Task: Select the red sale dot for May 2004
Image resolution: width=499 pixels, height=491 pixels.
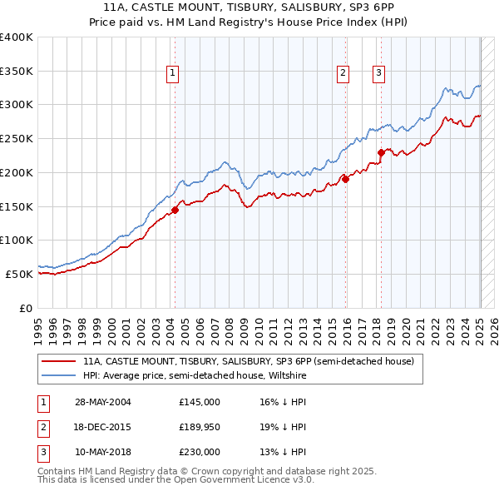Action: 175,210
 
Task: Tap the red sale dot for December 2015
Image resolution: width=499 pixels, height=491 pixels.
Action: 345,179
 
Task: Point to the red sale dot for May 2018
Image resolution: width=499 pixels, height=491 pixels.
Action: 381,152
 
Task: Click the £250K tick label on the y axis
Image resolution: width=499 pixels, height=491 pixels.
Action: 16,138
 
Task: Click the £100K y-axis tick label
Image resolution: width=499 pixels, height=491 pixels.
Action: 16,240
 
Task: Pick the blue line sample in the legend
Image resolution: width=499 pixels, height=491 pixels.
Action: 59,376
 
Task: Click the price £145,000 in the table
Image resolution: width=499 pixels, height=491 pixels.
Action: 200,402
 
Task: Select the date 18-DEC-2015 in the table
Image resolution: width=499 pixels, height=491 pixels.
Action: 103,427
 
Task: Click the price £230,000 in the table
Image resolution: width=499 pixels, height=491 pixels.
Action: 200,452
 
